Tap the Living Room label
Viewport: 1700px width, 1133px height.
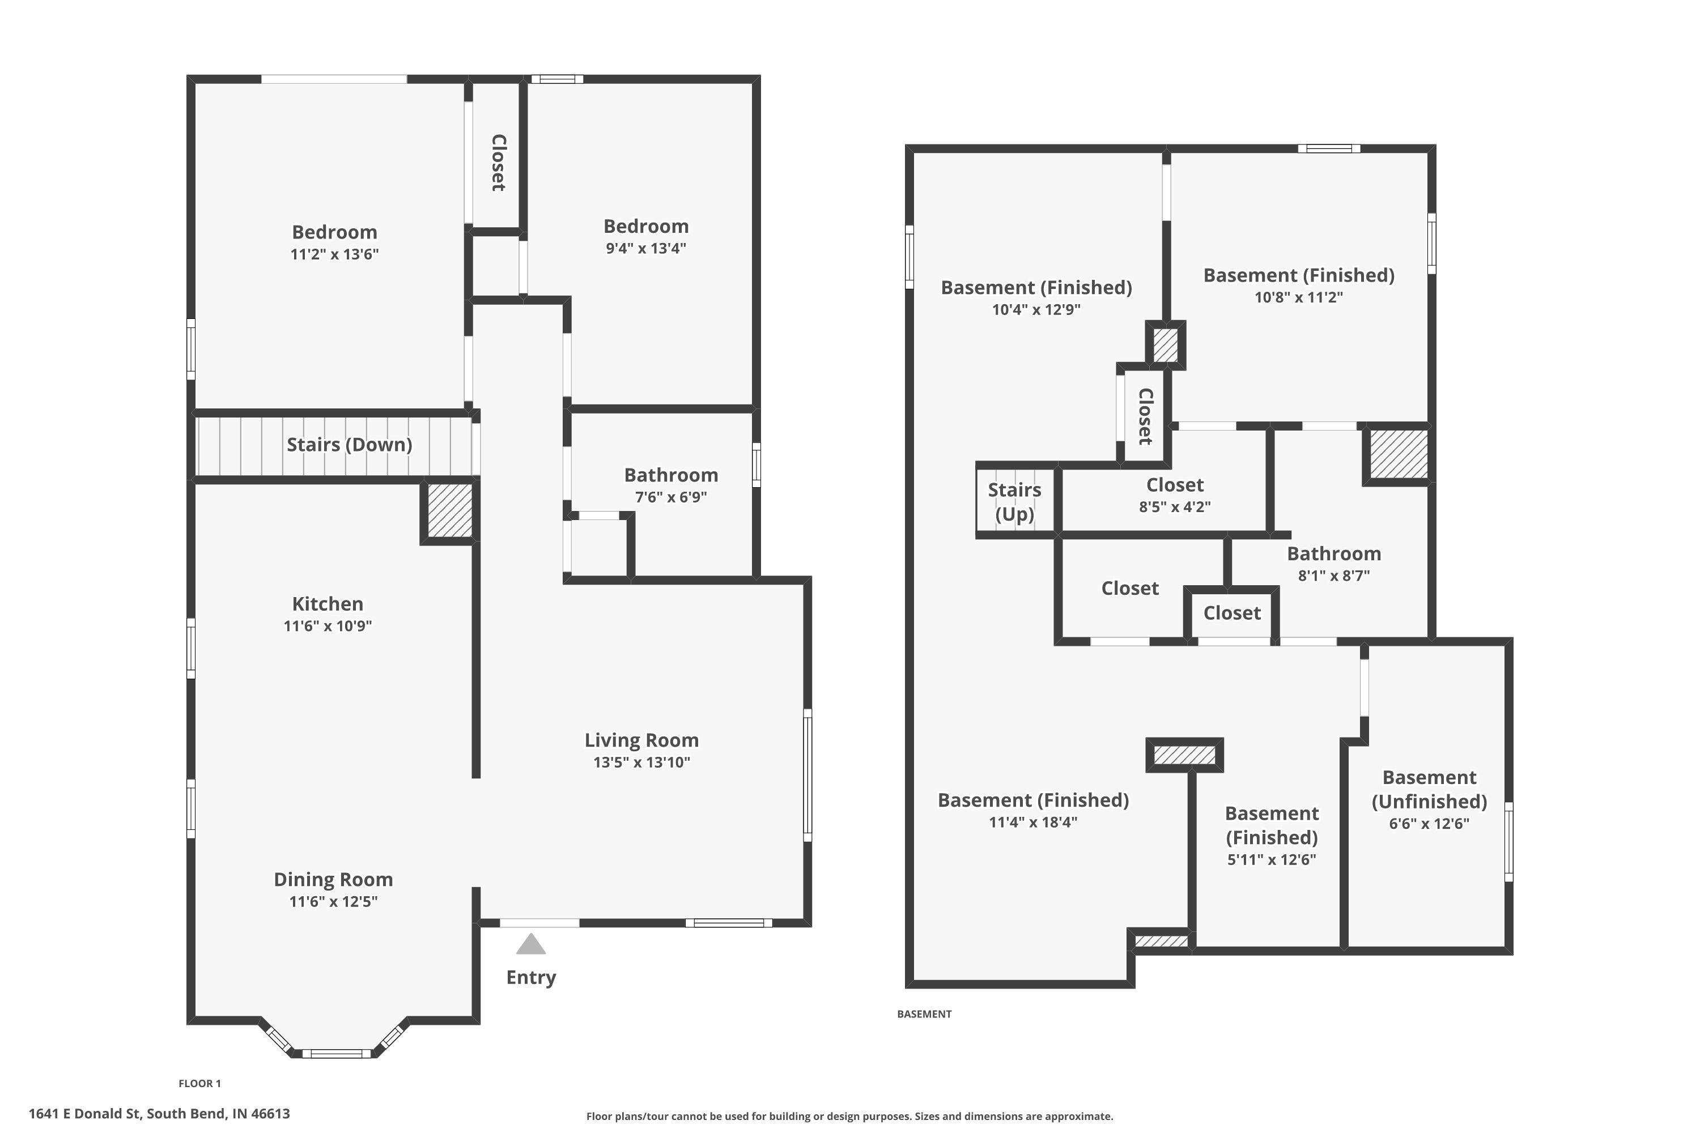click(x=642, y=740)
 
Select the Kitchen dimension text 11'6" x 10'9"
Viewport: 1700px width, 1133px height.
click(x=328, y=626)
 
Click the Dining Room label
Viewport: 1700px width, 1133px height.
click(x=333, y=879)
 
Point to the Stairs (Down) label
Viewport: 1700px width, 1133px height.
click(x=350, y=444)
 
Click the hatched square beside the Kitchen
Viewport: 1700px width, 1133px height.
click(x=449, y=511)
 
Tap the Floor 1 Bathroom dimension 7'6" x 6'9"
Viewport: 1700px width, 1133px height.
click(x=671, y=497)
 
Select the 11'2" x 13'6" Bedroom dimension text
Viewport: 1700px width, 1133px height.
click(x=335, y=254)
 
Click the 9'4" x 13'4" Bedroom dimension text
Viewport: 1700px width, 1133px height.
click(x=646, y=249)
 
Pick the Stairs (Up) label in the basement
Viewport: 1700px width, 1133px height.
click(x=1015, y=501)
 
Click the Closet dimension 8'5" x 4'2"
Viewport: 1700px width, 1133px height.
click(x=1175, y=506)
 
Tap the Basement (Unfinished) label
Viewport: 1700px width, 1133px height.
click(x=1430, y=789)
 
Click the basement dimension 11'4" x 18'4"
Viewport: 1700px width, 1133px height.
click(x=1034, y=821)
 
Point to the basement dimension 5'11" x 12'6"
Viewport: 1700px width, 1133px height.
click(x=1272, y=860)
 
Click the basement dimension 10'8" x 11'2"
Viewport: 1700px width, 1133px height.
click(x=1299, y=297)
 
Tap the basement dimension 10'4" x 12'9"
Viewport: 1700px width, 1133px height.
click(x=1036, y=309)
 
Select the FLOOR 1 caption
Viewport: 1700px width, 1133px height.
click(x=200, y=1083)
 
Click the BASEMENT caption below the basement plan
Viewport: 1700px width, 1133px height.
click(x=924, y=1014)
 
